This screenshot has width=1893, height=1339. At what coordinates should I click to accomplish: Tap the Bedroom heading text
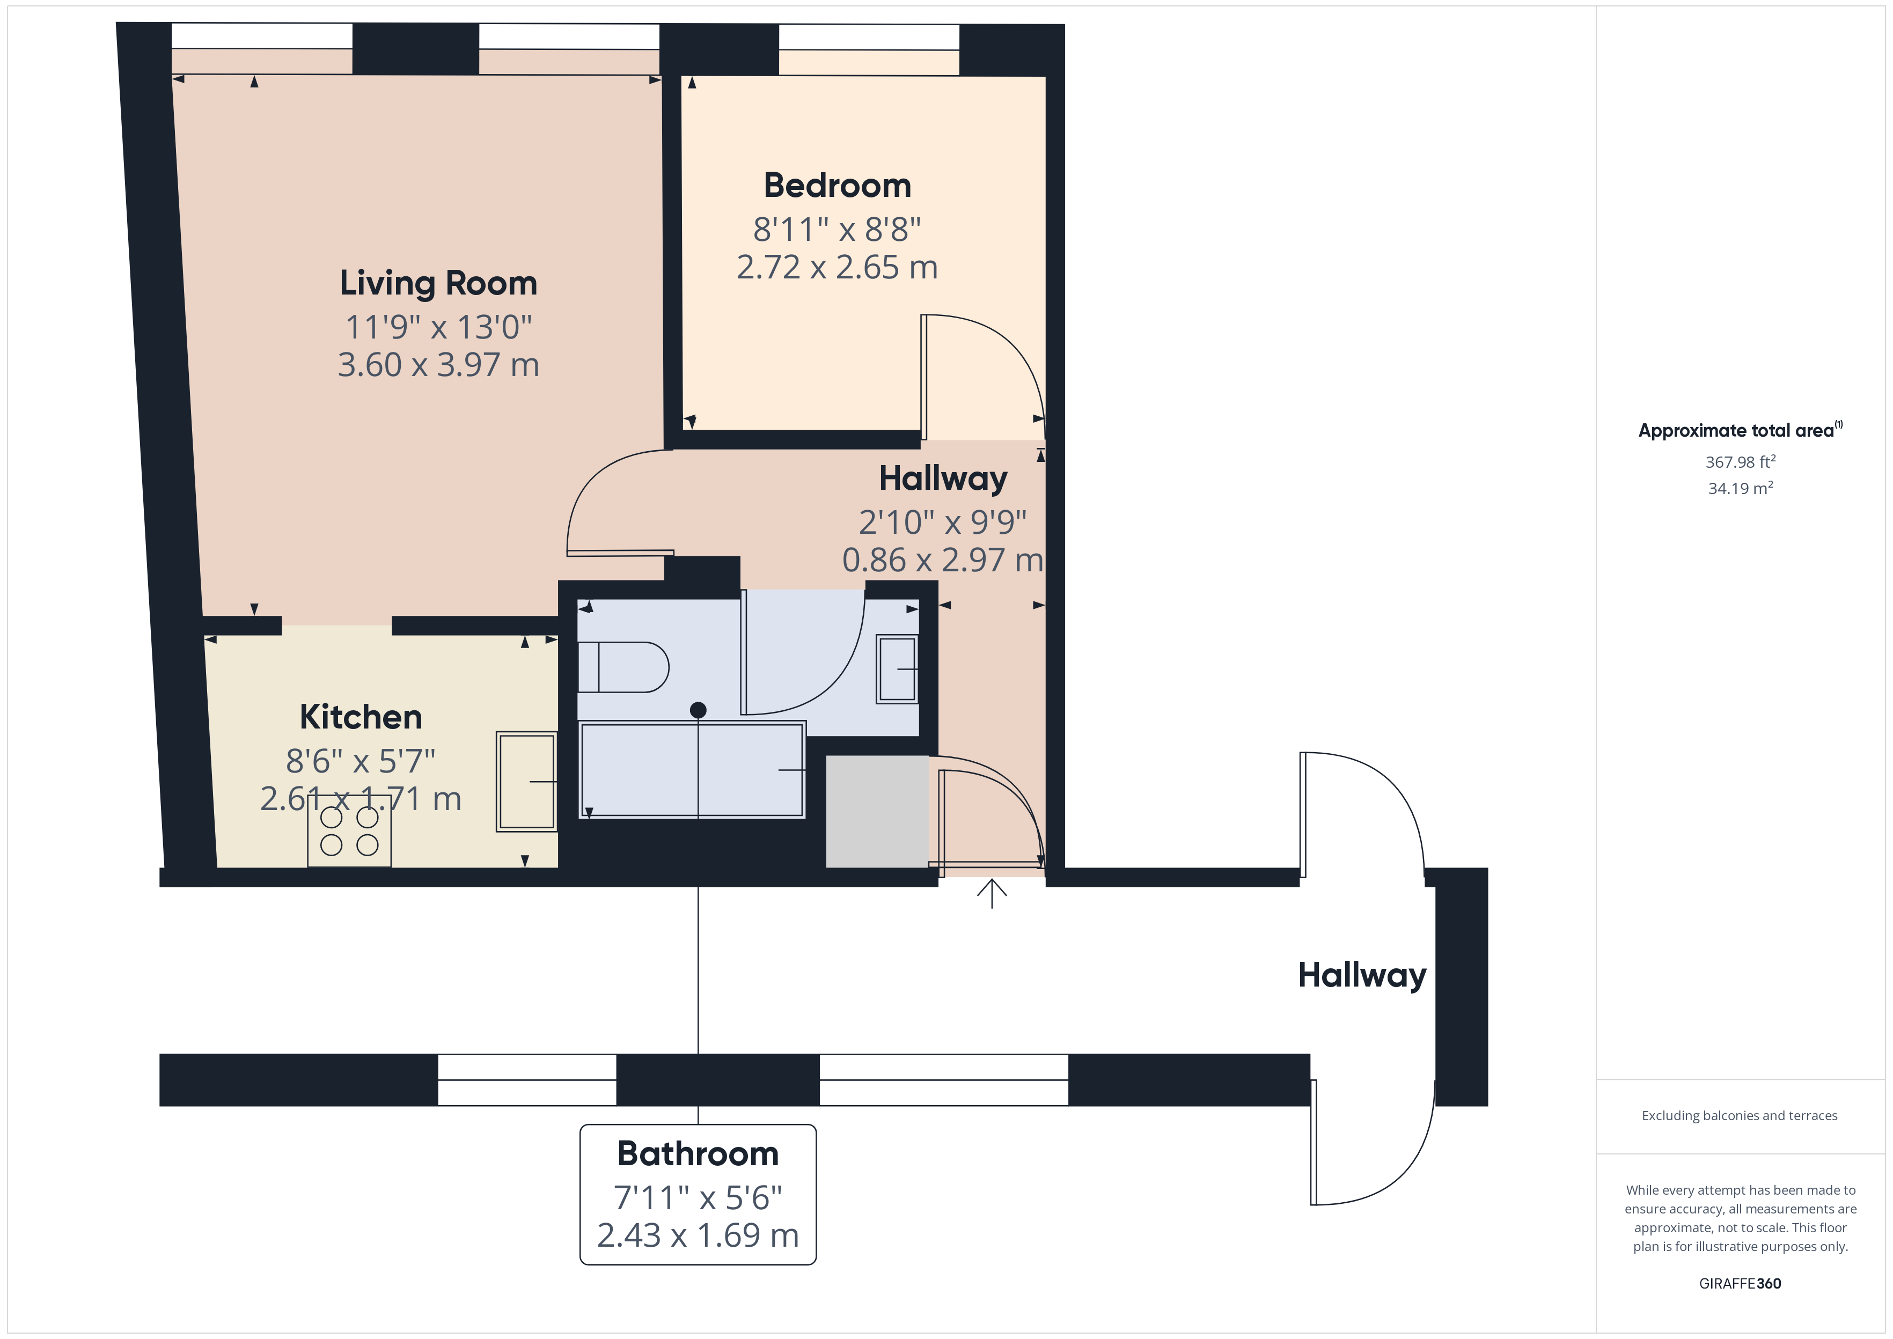coord(837,186)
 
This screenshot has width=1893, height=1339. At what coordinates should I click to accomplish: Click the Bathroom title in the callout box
coord(698,1153)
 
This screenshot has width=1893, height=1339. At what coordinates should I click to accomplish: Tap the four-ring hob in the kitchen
coord(349,830)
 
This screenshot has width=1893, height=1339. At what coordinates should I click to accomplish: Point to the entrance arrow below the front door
coord(992,893)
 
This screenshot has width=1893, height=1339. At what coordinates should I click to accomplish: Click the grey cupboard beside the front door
coord(876,811)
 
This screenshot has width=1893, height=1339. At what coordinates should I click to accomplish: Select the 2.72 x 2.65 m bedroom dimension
coord(837,267)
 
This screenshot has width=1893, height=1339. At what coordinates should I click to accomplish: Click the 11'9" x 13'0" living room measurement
coord(438,327)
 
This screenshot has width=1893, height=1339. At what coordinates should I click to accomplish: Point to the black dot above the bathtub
coord(698,710)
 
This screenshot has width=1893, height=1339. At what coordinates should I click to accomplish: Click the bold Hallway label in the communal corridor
coord(1361,975)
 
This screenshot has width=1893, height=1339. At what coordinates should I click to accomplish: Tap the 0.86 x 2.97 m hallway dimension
coord(942,561)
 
